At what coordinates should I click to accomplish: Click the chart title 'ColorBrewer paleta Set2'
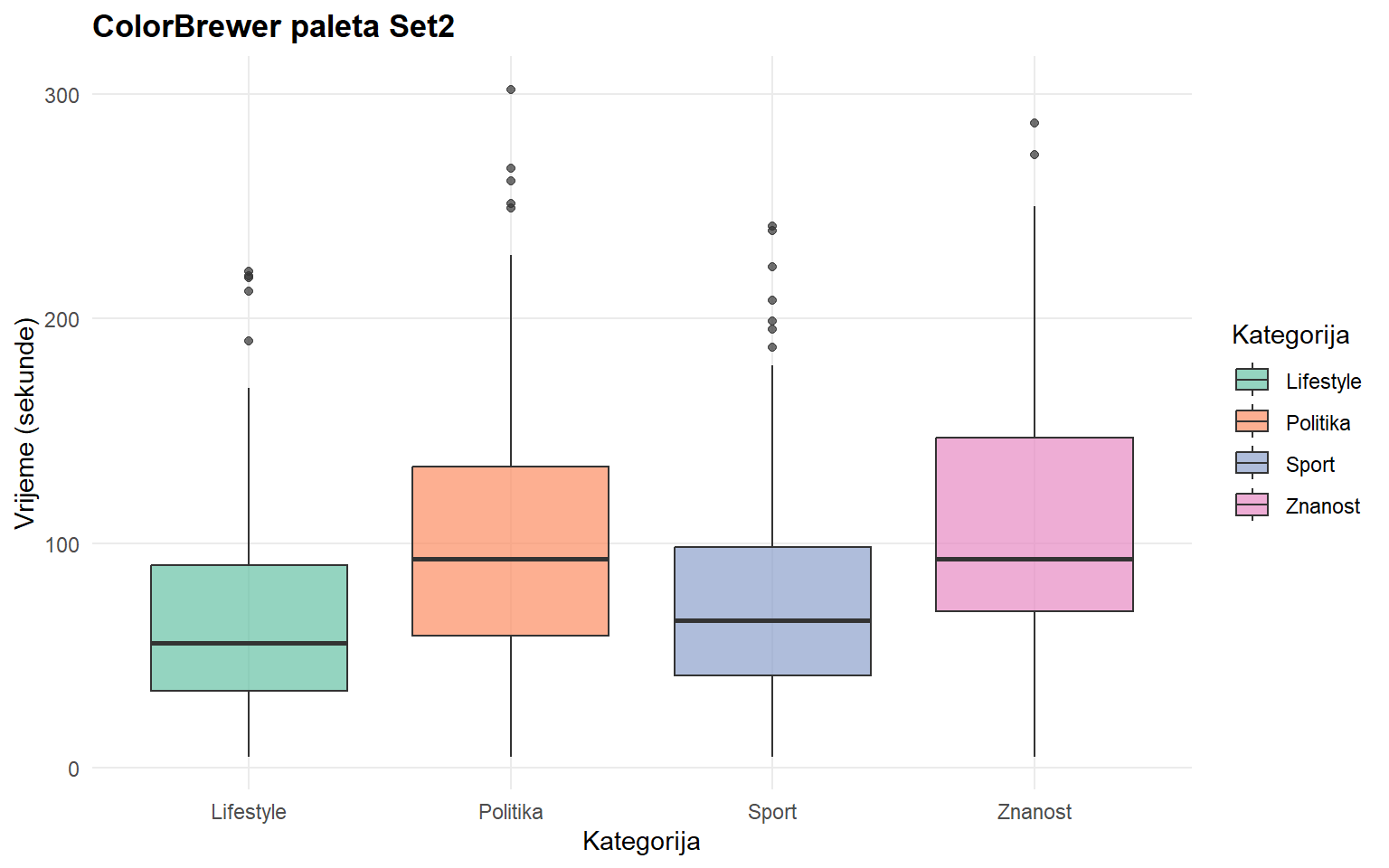273,26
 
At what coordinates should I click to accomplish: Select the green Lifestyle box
249,606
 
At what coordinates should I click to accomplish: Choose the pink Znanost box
1034,497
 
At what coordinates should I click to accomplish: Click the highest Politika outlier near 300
511,90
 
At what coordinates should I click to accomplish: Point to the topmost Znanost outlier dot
1035,123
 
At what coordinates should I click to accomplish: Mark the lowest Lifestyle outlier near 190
249,341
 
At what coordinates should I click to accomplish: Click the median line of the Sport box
772,620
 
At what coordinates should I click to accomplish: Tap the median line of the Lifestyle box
249,643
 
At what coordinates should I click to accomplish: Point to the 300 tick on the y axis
61,95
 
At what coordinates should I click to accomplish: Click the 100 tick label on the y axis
61,544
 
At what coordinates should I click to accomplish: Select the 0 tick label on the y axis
73,769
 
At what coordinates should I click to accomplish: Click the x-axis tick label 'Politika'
510,812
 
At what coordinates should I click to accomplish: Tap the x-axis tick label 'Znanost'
1034,812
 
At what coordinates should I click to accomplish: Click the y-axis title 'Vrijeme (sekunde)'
25,423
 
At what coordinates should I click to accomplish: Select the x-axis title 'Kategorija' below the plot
641,842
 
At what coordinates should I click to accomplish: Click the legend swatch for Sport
1252,464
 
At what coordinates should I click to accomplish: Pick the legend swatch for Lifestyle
1252,381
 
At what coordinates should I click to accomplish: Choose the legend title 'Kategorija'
1290,335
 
